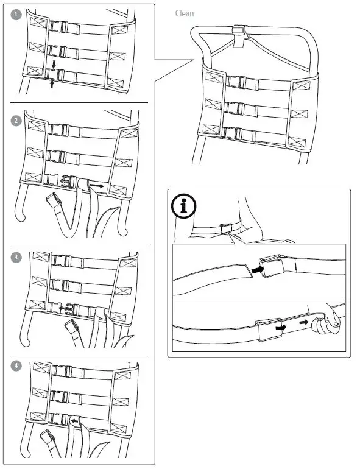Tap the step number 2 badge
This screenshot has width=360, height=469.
16,119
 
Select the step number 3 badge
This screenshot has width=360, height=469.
16,256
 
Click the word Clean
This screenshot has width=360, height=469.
185,13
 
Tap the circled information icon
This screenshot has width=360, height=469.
184,207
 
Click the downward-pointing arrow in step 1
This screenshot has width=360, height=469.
54,64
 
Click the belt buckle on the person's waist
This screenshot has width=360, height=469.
225,227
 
